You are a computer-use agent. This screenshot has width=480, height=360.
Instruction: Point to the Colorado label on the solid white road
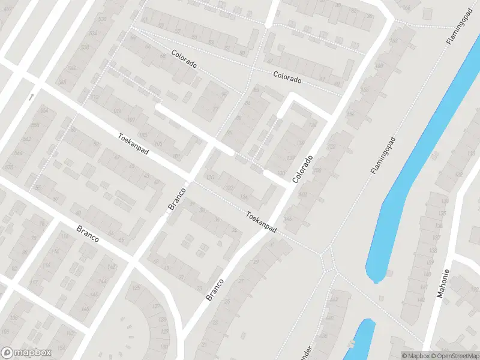click(x=303, y=169)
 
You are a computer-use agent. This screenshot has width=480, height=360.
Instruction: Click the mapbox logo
click(x=26, y=353)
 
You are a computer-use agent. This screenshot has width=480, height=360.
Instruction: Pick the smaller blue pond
click(x=361, y=339)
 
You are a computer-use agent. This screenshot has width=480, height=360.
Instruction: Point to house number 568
click(x=62, y=83)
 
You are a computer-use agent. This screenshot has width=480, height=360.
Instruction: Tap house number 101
click(x=176, y=157)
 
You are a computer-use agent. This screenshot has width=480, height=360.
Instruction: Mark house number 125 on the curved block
click(x=136, y=289)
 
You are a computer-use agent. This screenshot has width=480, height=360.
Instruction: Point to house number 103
click(x=158, y=145)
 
